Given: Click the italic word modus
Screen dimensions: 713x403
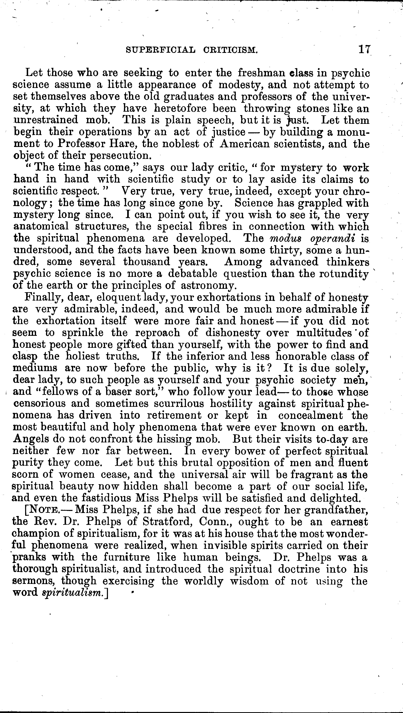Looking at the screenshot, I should [x=286, y=238].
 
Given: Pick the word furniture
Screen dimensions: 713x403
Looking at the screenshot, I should [x=127, y=557].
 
